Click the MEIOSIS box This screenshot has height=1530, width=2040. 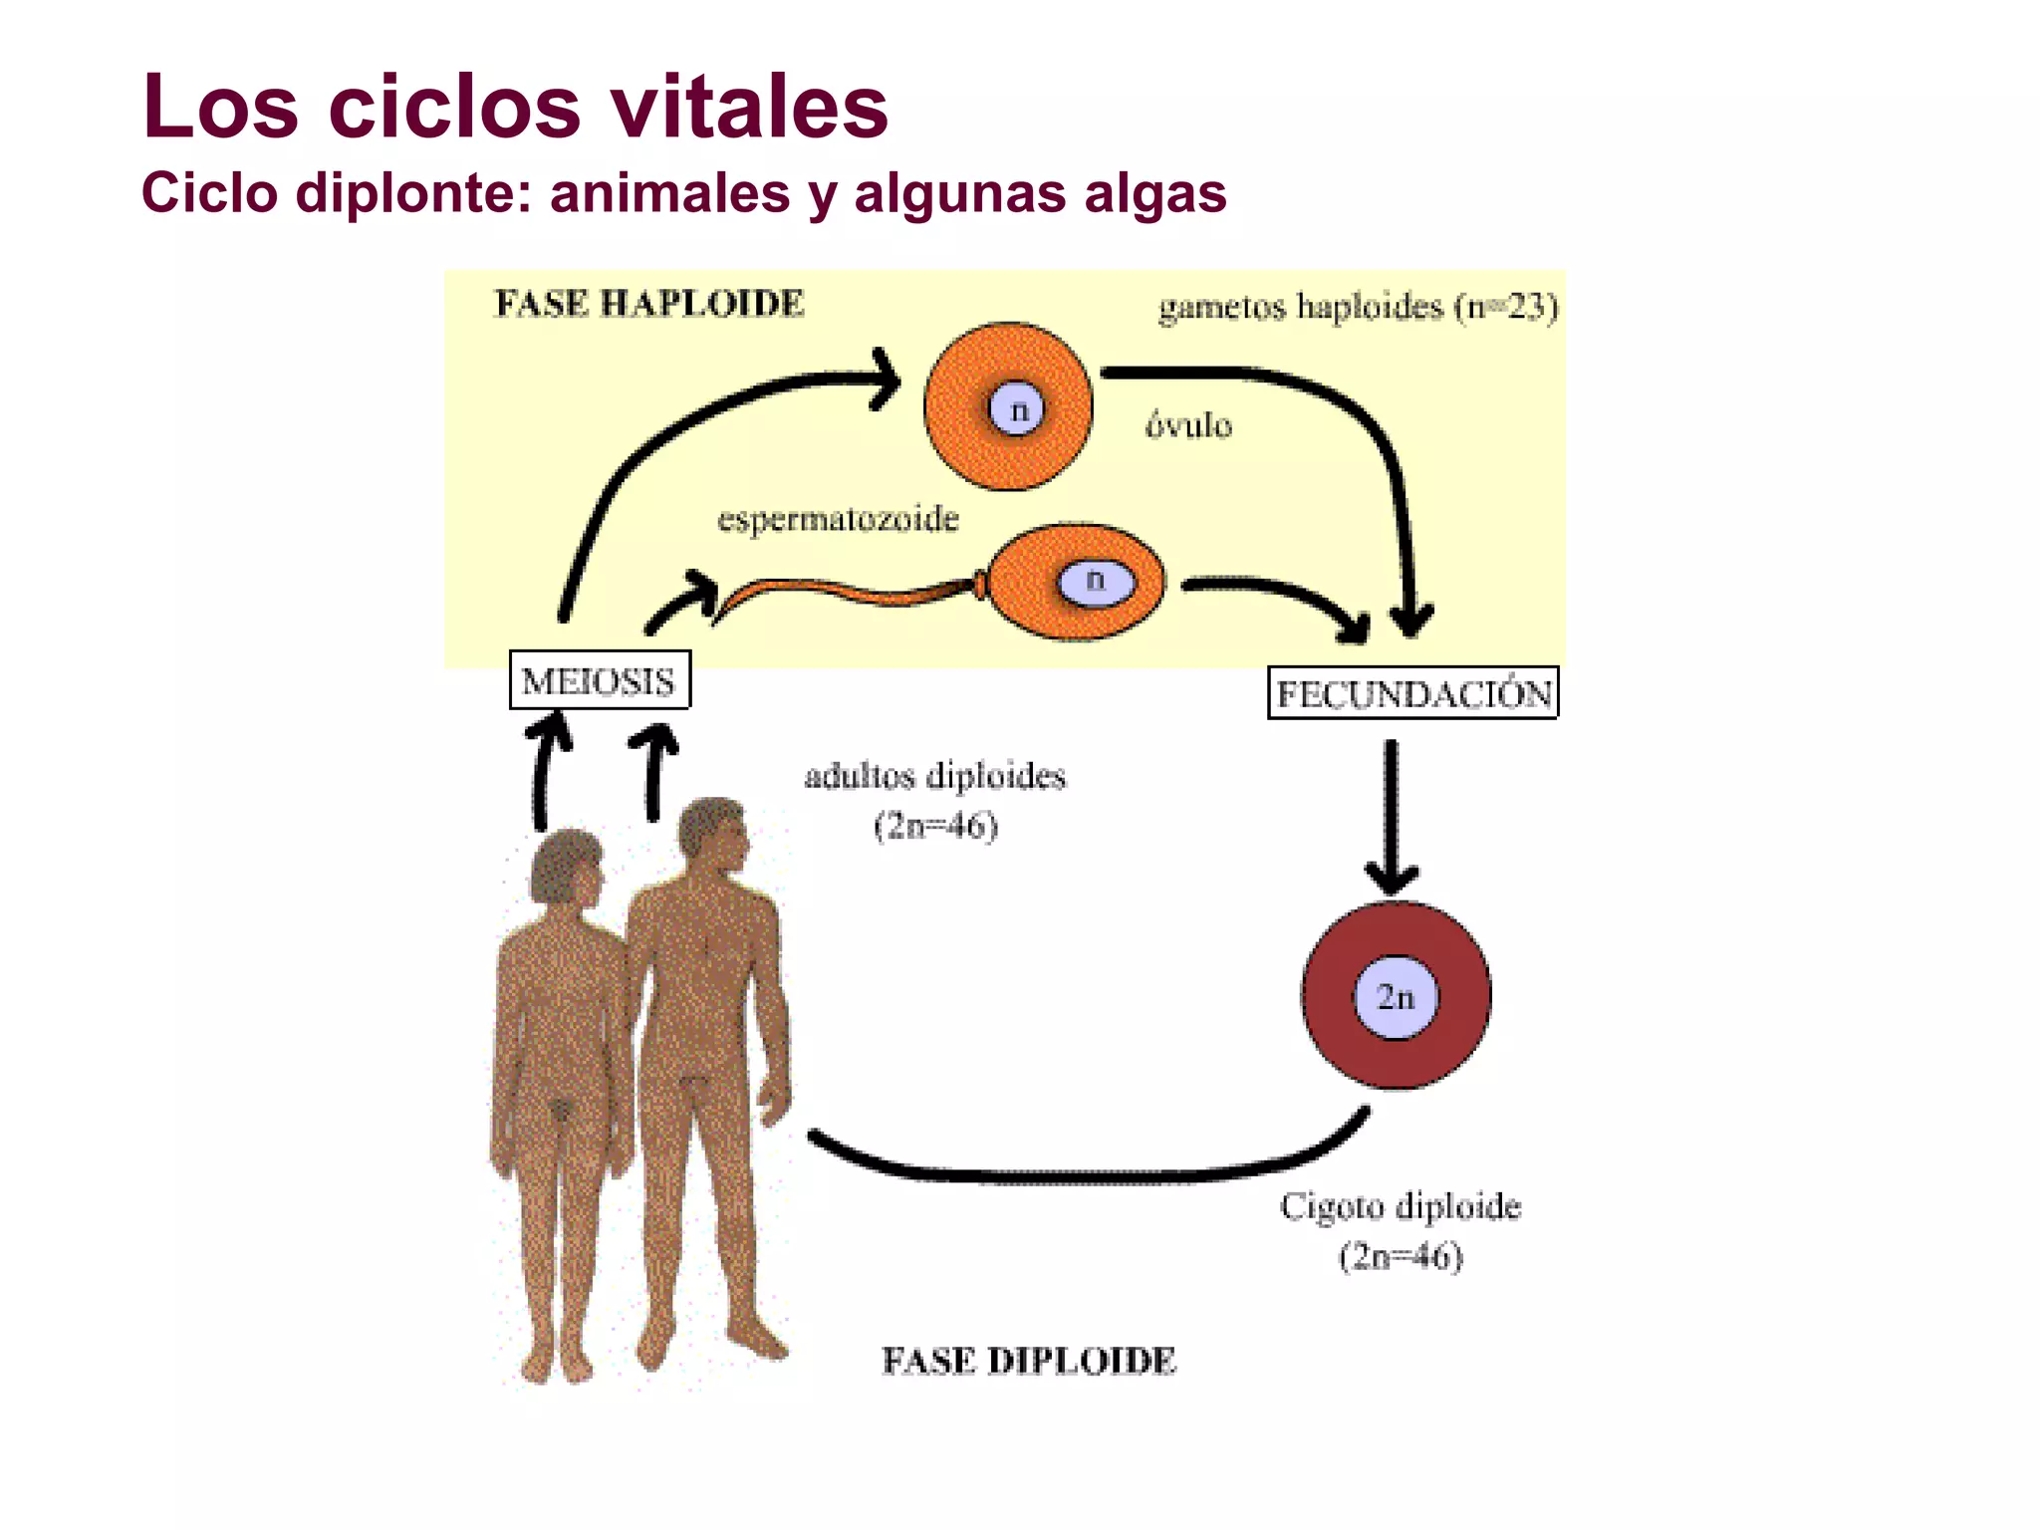click(x=599, y=680)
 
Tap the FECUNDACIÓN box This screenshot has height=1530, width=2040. click(x=1412, y=693)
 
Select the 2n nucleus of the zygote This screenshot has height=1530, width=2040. click(x=1396, y=997)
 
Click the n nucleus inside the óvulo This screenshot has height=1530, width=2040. click(x=1017, y=409)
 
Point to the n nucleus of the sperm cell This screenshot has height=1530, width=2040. click(x=1096, y=581)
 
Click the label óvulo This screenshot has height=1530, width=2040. click(x=1188, y=426)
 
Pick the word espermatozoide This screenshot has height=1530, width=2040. click(x=838, y=519)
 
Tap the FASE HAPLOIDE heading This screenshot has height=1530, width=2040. click(x=648, y=304)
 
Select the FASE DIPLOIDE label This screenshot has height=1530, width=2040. click(x=1028, y=1361)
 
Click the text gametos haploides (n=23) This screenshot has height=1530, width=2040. click(x=1358, y=307)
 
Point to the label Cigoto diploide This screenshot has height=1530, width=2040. click(x=1401, y=1206)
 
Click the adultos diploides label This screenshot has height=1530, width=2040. click(x=934, y=776)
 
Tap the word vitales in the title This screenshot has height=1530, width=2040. click(x=749, y=107)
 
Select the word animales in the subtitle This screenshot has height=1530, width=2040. click(x=669, y=192)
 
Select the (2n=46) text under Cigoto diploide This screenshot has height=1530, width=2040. click(x=1401, y=1256)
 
